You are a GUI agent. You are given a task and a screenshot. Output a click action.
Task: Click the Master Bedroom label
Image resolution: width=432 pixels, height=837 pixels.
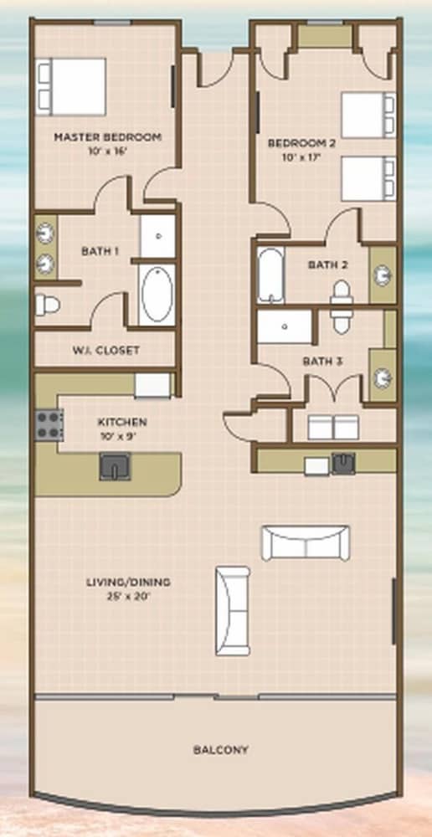pyautogui.click(x=107, y=137)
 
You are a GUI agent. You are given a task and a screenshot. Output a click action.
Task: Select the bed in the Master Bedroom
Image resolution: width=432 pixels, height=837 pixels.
pyautogui.click(x=70, y=87)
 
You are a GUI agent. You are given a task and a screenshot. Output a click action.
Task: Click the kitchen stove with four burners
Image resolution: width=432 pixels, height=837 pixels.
pyautogui.click(x=49, y=425)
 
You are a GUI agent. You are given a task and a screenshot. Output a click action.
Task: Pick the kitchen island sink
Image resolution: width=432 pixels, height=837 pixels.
pyautogui.click(x=115, y=466)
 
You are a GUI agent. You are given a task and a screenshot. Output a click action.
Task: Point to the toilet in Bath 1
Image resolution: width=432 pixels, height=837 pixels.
pyautogui.click(x=47, y=305)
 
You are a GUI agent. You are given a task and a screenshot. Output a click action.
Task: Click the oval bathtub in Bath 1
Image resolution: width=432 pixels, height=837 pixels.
pyautogui.click(x=157, y=294)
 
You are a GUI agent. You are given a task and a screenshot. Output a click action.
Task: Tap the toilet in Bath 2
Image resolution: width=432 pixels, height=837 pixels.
pyautogui.click(x=342, y=300)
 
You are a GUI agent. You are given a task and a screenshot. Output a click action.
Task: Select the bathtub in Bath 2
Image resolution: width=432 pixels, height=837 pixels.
pyautogui.click(x=270, y=275)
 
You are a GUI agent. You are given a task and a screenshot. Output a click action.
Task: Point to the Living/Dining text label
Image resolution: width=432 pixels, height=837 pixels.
pyautogui.click(x=129, y=582)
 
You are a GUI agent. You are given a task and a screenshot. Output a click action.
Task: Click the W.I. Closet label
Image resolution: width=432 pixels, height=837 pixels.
pyautogui.click(x=105, y=351)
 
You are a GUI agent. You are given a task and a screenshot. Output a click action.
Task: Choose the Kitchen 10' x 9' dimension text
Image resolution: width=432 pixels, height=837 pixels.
pyautogui.click(x=121, y=434)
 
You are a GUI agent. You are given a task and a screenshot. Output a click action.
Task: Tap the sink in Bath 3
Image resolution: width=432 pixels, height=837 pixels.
pyautogui.click(x=383, y=378)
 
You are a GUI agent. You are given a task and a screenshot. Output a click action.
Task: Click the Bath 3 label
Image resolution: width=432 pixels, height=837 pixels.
pyautogui.click(x=322, y=362)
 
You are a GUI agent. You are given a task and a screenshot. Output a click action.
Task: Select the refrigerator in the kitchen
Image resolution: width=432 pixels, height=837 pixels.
pyautogui.click(x=152, y=385)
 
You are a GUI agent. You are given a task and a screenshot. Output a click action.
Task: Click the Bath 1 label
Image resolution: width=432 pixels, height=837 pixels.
pyautogui.click(x=100, y=251)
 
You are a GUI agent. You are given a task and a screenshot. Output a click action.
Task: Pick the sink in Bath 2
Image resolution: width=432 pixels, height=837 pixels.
pyautogui.click(x=383, y=275)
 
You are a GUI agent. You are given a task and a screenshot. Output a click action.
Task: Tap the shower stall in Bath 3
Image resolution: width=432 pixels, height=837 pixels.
pyautogui.click(x=285, y=326)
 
